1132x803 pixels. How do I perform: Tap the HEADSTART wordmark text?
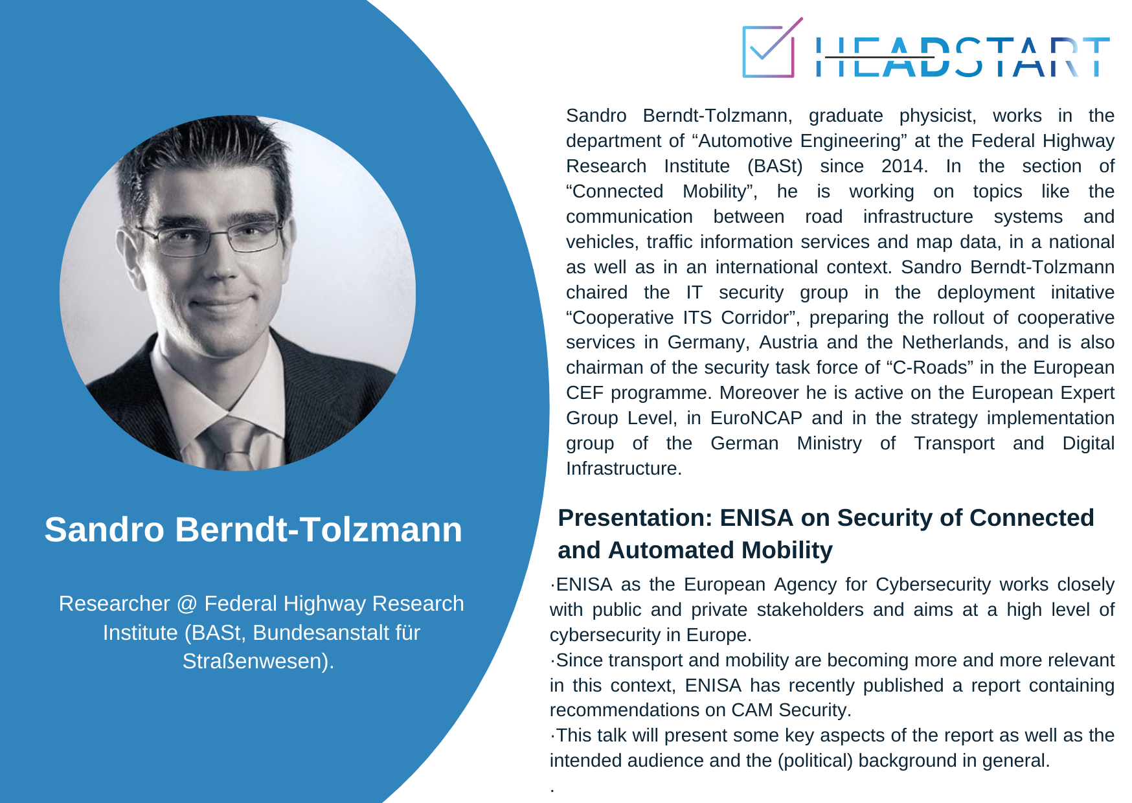click(962, 57)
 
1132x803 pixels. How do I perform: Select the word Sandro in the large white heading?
click(104, 529)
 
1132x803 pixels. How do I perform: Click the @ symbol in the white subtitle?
click(187, 604)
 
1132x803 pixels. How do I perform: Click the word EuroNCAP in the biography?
click(756, 418)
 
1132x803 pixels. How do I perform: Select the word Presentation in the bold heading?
click(634, 518)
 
